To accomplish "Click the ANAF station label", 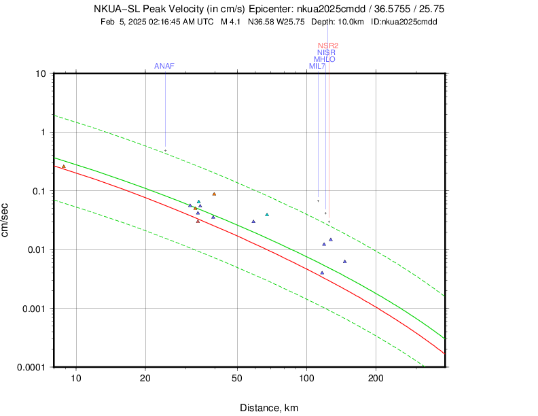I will tap(164, 66).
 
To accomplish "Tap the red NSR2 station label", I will tap(328, 46).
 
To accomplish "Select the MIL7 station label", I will tap(317, 66).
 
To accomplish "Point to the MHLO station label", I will tap(324, 59).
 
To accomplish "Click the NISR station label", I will tap(327, 52).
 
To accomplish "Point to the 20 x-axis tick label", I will tap(145, 379).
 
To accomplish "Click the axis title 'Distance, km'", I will tap(268, 408).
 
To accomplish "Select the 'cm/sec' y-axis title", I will tap(5, 219).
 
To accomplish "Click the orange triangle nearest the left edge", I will tap(64, 166).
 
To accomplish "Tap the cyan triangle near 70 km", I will tap(267, 215).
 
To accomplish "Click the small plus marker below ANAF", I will tap(165, 151).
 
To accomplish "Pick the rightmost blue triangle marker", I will tap(345, 262).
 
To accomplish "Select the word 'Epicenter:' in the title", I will tap(270, 10).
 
